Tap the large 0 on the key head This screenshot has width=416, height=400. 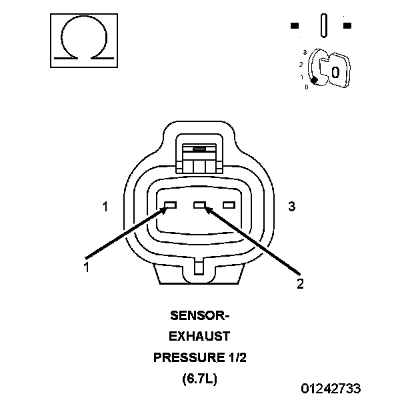click(x=335, y=72)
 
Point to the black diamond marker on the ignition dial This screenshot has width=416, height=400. click(x=313, y=80)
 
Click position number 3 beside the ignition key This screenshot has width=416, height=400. click(x=304, y=51)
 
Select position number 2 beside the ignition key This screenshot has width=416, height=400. click(x=301, y=64)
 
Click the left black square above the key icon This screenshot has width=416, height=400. click(x=295, y=27)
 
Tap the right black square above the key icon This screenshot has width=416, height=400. click(x=347, y=27)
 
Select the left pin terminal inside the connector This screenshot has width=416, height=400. click(x=169, y=205)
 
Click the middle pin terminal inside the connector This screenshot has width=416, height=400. click(x=199, y=205)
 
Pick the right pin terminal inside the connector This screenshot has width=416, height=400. click(x=229, y=205)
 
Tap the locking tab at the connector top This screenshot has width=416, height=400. click(x=199, y=157)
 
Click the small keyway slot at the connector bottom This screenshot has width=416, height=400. click(x=199, y=267)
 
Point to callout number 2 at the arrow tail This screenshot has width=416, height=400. click(x=300, y=284)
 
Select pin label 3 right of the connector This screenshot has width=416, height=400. click(x=291, y=207)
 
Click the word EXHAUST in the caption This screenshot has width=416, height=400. click(x=199, y=336)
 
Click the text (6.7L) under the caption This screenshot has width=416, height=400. click(x=199, y=379)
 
